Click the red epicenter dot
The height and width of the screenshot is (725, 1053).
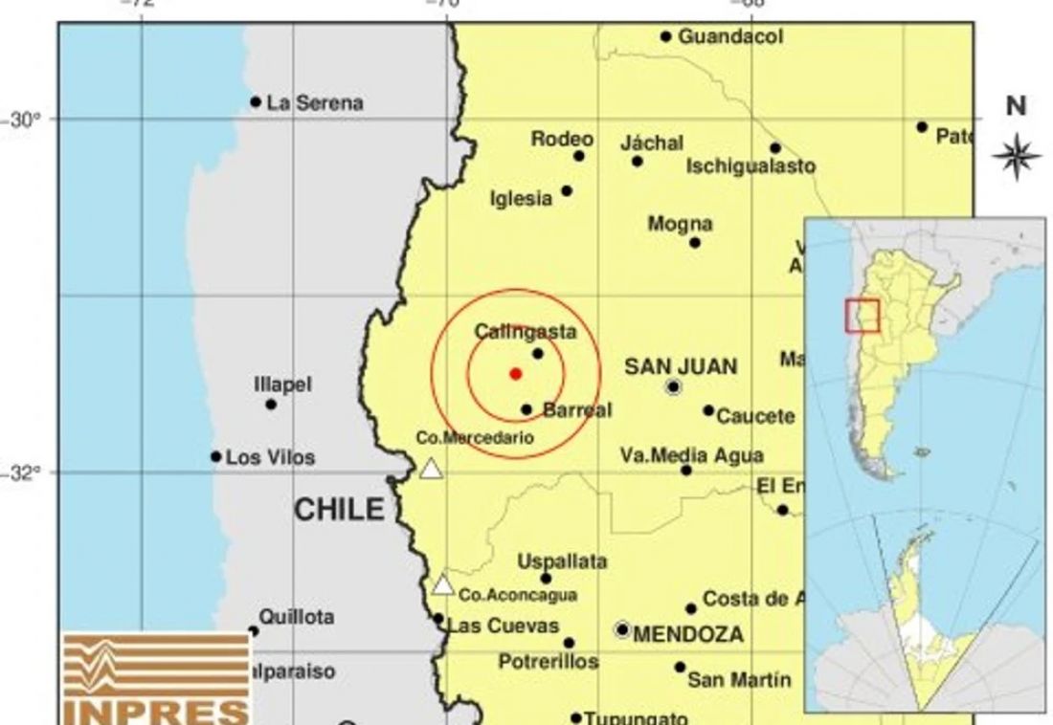[515, 373]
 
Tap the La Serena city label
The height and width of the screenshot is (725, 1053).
[315, 103]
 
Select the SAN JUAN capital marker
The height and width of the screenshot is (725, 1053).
[673, 387]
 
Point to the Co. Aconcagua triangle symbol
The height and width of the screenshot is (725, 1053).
[442, 585]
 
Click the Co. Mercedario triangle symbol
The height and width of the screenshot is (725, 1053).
[432, 469]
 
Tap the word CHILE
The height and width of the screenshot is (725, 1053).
[338, 510]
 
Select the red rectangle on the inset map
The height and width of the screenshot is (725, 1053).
[862, 316]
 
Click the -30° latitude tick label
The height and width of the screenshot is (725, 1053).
[26, 120]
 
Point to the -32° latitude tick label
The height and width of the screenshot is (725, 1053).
[26, 472]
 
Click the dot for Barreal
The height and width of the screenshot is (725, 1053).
[526, 409]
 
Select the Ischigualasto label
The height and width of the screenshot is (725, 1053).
[751, 166]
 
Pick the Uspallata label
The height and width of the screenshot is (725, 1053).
[562, 561]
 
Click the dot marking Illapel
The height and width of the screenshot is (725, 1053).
[271, 405]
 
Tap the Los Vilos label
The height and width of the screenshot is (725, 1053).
[270, 458]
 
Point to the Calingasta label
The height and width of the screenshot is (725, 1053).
[526, 332]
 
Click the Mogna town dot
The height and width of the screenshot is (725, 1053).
[695, 242]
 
